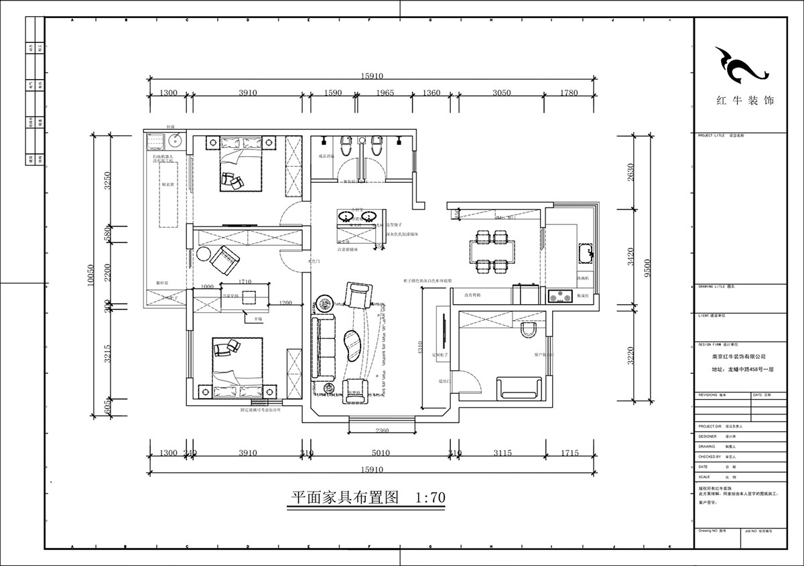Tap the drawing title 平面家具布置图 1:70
(x=366, y=498)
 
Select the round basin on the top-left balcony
(x=175, y=141)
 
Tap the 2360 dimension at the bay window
(x=382, y=431)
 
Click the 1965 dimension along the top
(x=384, y=93)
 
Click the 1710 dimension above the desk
(x=245, y=283)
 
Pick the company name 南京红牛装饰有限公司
(x=740, y=357)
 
